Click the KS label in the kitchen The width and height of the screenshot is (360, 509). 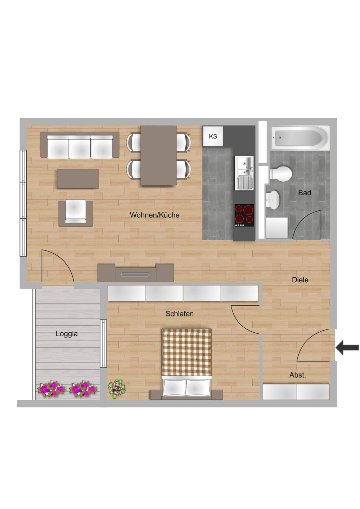[x=213, y=136]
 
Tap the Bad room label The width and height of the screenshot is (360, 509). [x=305, y=193]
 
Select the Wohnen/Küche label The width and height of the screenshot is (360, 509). [x=154, y=215]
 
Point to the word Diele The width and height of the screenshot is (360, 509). [x=300, y=280]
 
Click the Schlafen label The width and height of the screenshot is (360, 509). [x=179, y=314]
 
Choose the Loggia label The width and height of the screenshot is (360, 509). [x=67, y=334]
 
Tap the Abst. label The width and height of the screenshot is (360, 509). [x=297, y=375]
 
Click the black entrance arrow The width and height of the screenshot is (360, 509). [x=347, y=347]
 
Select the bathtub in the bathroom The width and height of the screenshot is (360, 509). [x=300, y=138]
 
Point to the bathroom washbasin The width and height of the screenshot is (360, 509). [x=273, y=200]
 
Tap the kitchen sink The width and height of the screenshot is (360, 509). [x=244, y=173]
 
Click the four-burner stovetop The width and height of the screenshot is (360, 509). [x=244, y=215]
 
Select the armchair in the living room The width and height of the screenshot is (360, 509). [x=76, y=213]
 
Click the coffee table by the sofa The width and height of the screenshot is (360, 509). [x=78, y=179]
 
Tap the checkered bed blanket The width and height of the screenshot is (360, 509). [x=186, y=352]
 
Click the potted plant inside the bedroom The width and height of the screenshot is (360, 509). [x=117, y=388]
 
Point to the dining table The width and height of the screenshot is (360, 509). [x=158, y=155]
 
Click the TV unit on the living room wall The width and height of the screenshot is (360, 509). [x=135, y=273]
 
